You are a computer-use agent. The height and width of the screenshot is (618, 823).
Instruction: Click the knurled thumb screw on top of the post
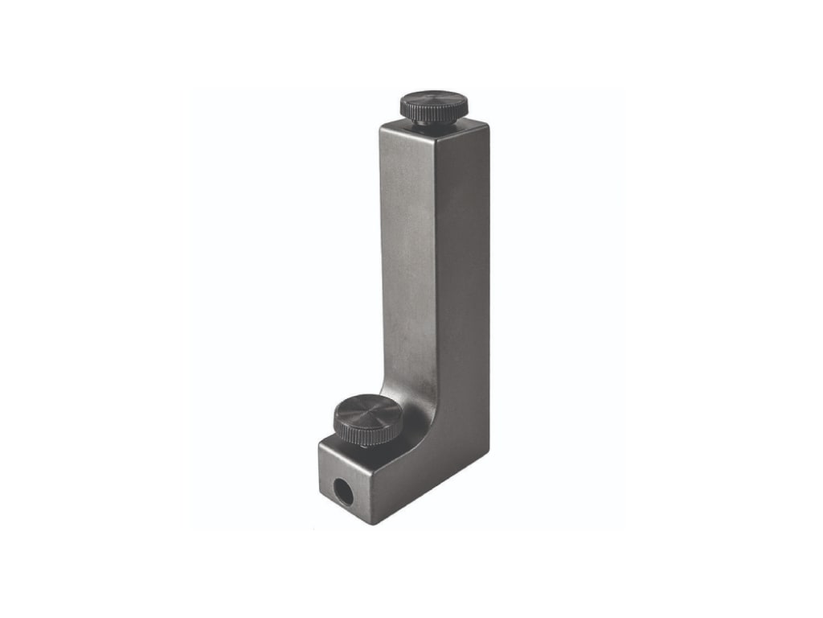click(434, 106)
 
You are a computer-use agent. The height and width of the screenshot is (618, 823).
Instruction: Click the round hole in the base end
click(344, 491)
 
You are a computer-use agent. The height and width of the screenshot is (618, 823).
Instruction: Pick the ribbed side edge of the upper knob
click(434, 112)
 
